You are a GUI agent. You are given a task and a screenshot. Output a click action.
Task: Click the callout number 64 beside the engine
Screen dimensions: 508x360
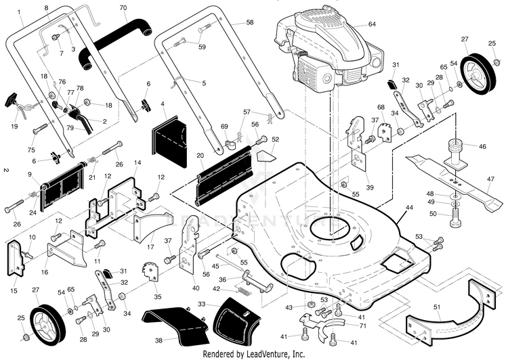coord(372,24)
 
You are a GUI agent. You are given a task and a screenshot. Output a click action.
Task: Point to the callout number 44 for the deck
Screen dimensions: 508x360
coord(410,208)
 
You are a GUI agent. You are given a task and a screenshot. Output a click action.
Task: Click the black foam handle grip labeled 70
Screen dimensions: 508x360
coord(115,42)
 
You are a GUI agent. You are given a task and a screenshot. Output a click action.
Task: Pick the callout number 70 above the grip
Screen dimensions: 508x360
coord(123,7)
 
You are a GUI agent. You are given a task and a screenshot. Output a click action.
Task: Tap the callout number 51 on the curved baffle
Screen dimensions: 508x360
coord(437,307)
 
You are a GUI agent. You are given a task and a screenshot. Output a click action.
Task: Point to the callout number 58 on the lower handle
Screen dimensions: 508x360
coord(250,22)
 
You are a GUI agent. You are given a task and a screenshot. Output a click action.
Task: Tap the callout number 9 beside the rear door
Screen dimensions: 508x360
coord(30,175)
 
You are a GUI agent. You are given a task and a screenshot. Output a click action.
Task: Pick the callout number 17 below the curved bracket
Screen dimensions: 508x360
coord(150,247)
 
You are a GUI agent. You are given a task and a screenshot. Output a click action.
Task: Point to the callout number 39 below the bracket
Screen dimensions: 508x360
coord(370,187)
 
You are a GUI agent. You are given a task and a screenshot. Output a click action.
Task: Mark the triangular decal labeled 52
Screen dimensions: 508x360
coord(266,157)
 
